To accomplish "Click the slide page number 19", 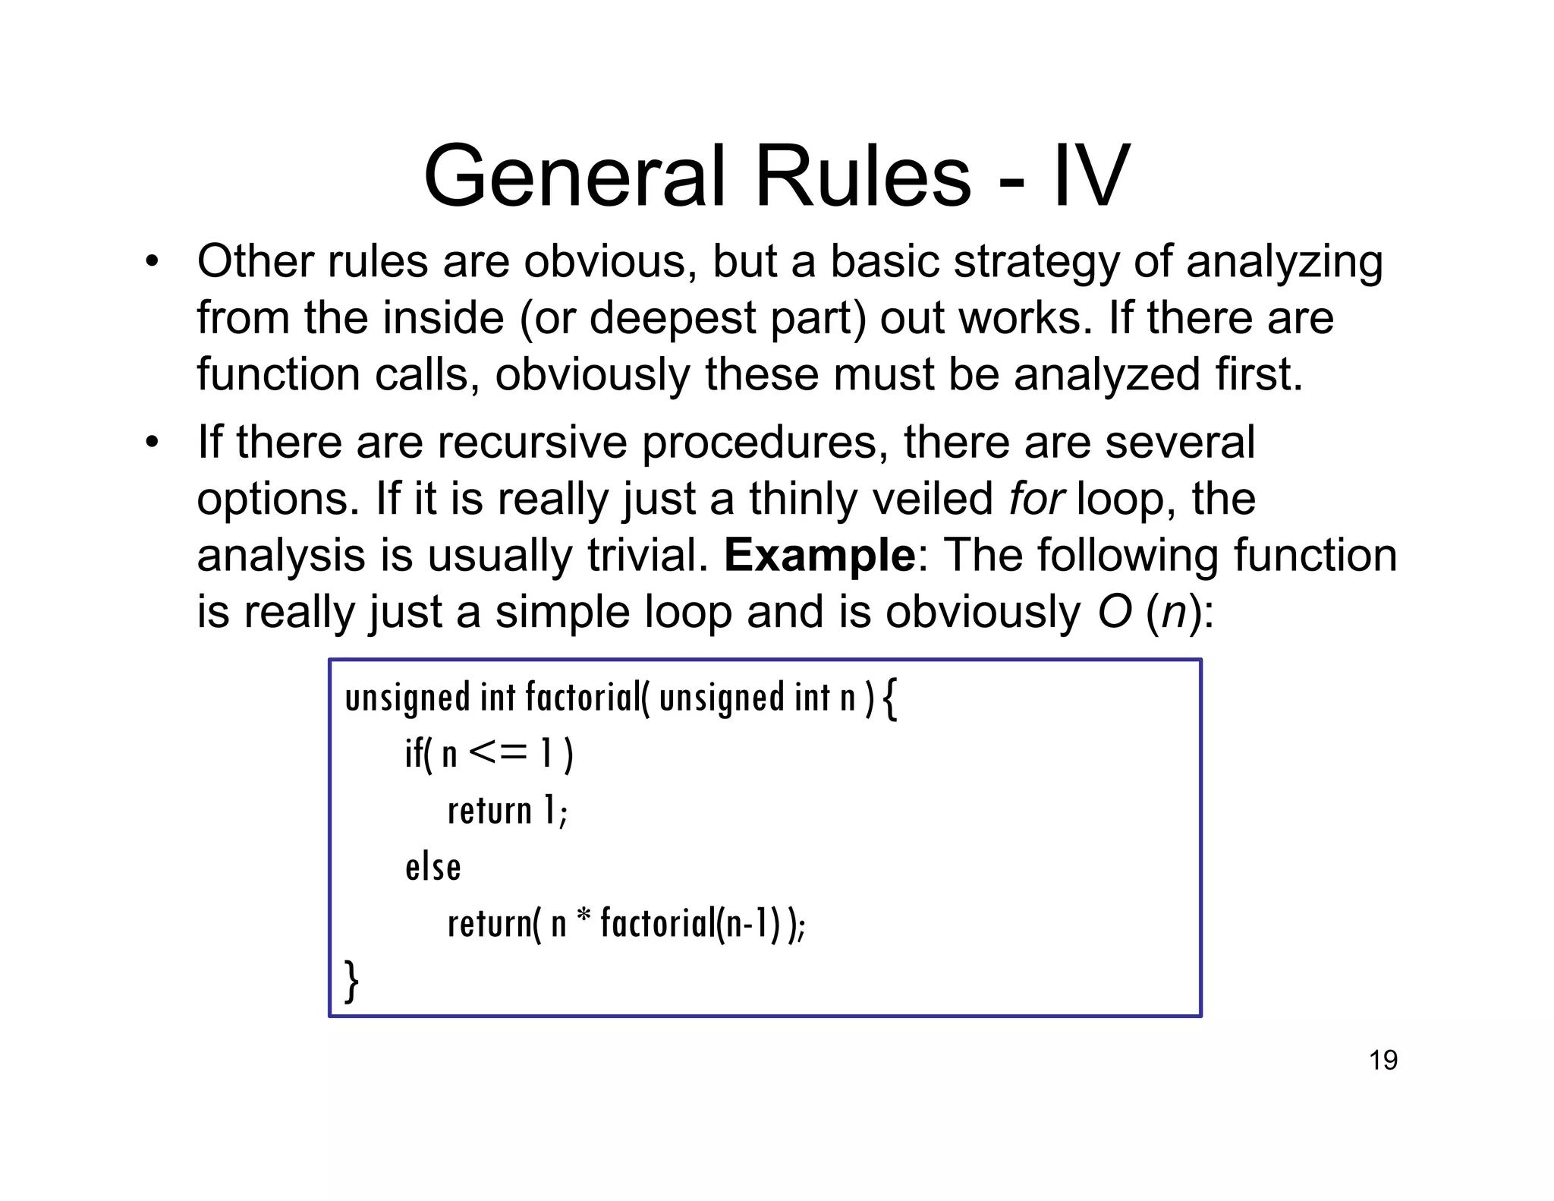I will [x=1383, y=1060].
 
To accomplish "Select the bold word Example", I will [x=819, y=555].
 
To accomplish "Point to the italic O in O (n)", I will [x=1115, y=612].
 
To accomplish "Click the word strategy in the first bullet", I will [x=1036, y=262].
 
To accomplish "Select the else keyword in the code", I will [x=433, y=867].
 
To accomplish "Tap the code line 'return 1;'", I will [x=507, y=811].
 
